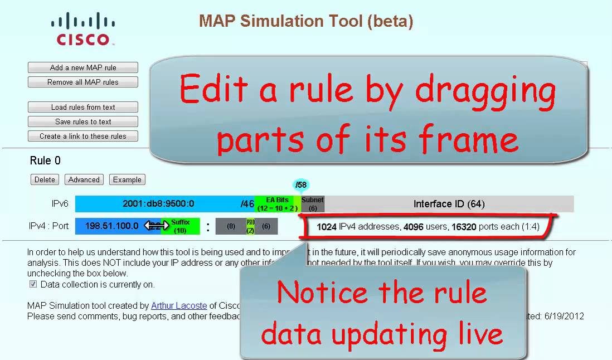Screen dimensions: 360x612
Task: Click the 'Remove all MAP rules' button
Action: point(83,82)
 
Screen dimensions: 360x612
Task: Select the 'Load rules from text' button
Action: point(83,108)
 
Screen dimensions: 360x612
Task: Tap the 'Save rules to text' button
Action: point(83,121)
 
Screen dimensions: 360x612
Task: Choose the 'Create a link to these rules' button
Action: point(83,136)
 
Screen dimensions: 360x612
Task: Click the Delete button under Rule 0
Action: point(45,179)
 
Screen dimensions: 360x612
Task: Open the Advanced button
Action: point(84,179)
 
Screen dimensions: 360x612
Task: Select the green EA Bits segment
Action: point(277,204)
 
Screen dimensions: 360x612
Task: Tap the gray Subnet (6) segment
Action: point(313,204)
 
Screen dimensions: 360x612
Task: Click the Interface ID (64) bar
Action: point(449,204)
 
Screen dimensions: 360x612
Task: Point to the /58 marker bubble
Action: point(301,185)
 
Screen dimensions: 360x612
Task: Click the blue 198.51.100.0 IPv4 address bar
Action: point(111,226)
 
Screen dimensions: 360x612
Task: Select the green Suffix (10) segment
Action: point(181,226)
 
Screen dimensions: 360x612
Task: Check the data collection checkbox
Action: point(32,284)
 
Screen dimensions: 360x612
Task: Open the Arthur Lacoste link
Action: point(179,305)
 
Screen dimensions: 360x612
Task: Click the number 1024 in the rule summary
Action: point(327,227)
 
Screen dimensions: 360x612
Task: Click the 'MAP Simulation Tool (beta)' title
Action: point(306,21)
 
